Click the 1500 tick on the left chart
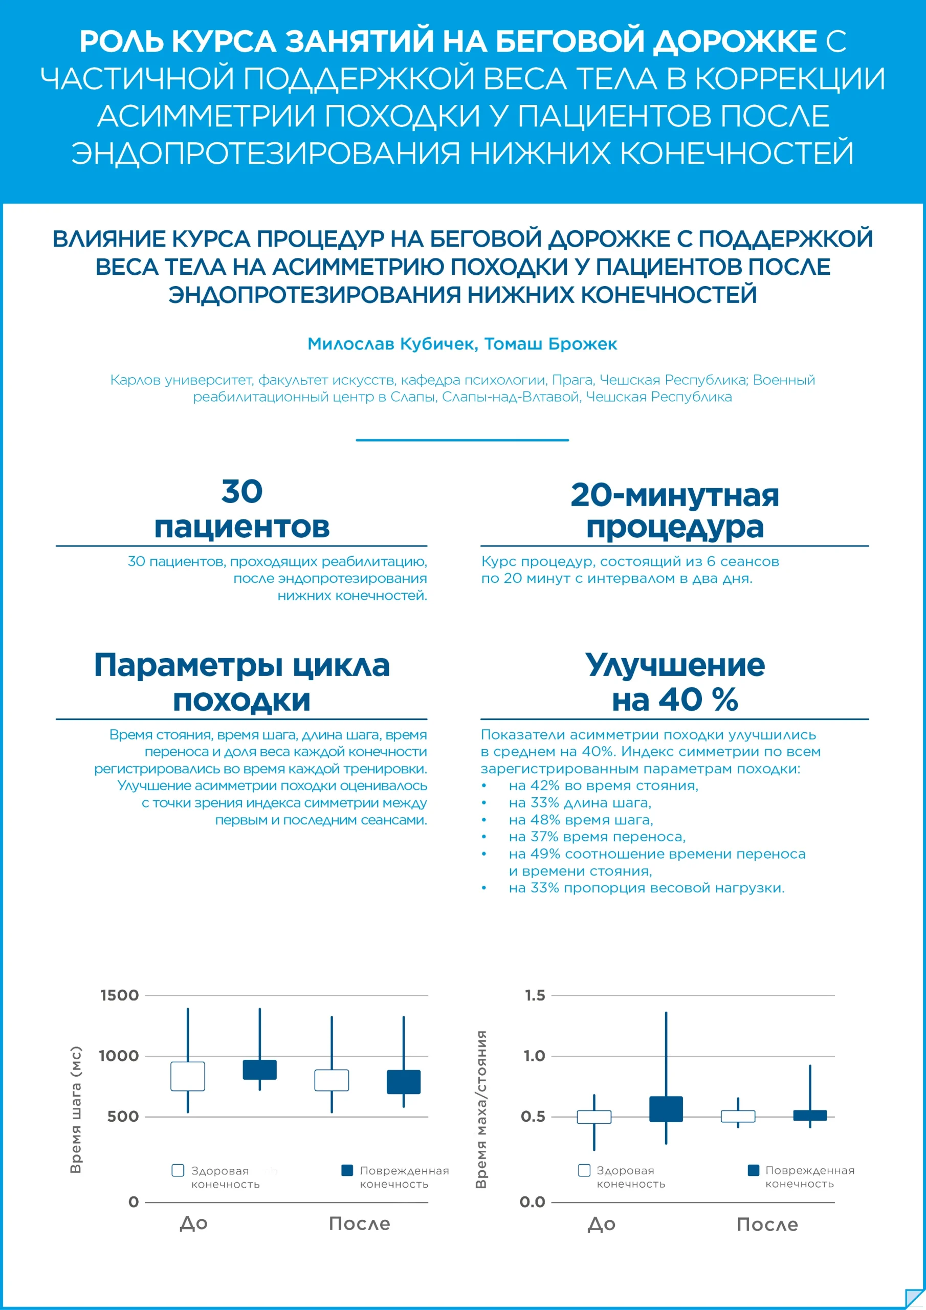pos(119,995)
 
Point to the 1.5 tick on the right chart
pos(535,995)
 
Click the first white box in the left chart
pos(188,1076)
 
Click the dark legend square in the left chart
pos(347,1170)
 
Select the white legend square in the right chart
pos(584,1170)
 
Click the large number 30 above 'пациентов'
pos(242,491)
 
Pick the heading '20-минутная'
pos(674,495)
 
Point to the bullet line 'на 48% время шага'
pos(581,820)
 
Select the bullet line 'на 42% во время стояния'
pos(603,785)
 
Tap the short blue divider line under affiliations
pos(462,440)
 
